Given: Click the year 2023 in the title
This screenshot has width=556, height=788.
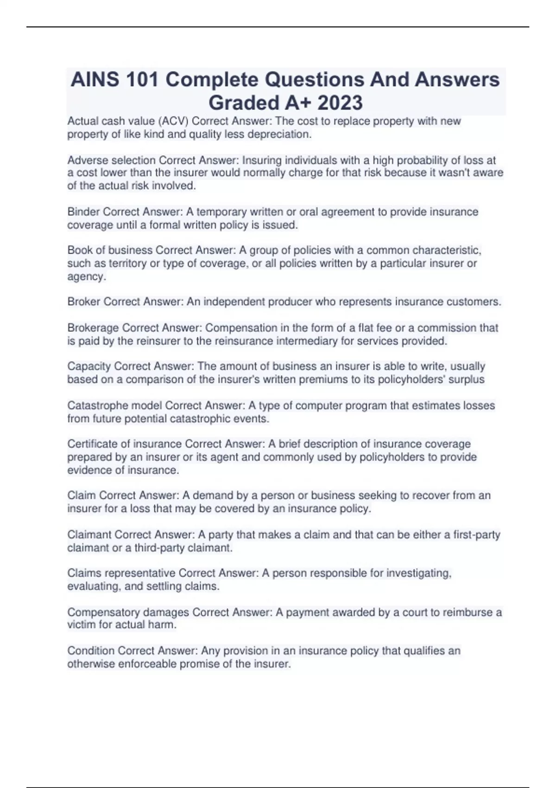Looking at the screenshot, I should click(x=340, y=102).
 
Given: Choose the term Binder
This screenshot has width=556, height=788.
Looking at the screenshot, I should click(x=83, y=212).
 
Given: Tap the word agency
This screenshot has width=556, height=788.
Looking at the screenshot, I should click(x=86, y=277).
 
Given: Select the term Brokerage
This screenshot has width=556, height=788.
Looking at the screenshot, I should click(x=93, y=328).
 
